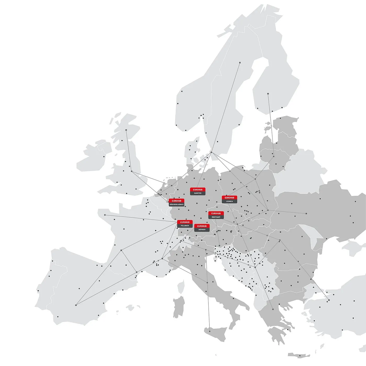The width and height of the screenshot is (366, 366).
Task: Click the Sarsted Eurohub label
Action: click(198, 191)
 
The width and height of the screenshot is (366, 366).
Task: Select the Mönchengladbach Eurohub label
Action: click(176, 202)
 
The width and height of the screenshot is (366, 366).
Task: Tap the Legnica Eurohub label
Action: click(229, 199)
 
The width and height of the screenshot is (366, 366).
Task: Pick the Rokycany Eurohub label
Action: click(216, 215)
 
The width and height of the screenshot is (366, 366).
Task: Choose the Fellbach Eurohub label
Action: click(185, 224)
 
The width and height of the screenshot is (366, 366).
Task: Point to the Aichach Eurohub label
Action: click(202, 228)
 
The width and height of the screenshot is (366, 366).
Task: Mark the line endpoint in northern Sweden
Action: click(240, 62)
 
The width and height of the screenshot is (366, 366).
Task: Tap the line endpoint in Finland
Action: click(268, 94)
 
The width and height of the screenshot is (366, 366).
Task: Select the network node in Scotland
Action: click(126, 130)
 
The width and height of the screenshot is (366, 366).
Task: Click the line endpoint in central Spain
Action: click(76, 305)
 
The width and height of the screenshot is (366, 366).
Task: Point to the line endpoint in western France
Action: click(105, 215)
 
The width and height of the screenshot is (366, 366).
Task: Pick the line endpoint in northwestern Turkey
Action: click(329, 300)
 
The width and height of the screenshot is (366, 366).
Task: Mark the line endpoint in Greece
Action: click(273, 309)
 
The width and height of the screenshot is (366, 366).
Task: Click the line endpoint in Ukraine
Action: click(306, 213)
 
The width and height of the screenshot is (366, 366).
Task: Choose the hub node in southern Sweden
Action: click(211, 152)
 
